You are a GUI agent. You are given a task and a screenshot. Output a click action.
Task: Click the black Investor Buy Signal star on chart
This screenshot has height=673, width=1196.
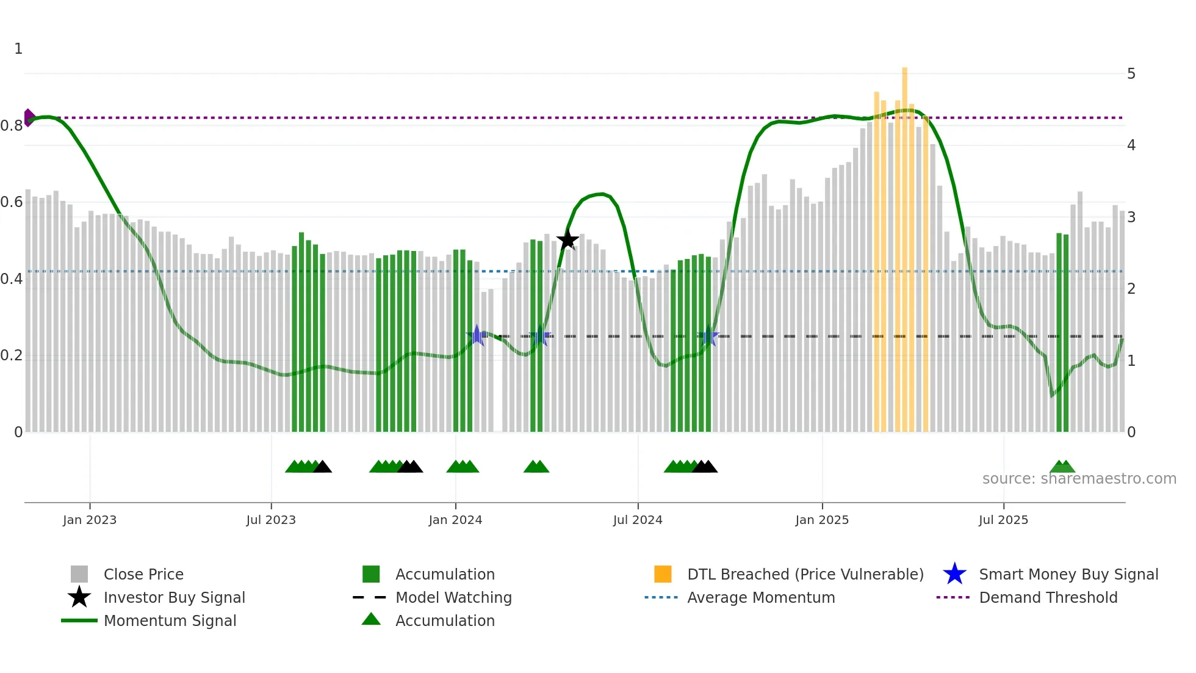point(567,240)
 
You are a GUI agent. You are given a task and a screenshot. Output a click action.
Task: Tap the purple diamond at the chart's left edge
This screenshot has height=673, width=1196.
point(29,117)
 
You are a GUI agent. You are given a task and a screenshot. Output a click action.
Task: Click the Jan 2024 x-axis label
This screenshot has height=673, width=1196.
point(455,520)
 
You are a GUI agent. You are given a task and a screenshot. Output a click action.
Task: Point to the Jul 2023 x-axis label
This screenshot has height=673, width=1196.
point(271,520)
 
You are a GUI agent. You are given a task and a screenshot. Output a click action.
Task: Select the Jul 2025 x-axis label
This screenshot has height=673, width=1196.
point(1003,520)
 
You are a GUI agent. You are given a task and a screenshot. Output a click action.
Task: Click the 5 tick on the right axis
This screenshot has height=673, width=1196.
point(1131,74)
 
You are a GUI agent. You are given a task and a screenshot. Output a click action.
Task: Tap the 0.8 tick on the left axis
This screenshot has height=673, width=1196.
point(12,126)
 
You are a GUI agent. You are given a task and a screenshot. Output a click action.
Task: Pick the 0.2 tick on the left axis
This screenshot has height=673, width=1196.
point(12,355)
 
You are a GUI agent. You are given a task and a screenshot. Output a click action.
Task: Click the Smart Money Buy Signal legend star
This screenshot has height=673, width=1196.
point(954,574)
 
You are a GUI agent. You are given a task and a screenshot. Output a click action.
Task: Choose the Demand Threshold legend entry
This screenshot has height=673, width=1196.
point(1048,597)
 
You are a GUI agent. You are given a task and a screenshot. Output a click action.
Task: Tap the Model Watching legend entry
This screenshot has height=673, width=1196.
point(453,597)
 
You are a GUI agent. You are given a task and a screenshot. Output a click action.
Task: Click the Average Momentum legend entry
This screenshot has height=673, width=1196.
point(760,597)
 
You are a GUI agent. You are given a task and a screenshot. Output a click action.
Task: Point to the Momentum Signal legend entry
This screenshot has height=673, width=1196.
point(170,620)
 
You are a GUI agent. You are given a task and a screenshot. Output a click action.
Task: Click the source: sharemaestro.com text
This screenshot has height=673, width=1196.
point(1079,479)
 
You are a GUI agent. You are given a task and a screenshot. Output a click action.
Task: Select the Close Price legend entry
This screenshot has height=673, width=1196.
point(143,574)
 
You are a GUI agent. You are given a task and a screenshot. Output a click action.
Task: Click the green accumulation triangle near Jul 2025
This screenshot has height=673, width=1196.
point(1062,467)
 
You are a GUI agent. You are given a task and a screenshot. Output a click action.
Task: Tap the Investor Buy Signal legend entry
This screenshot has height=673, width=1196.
point(174,597)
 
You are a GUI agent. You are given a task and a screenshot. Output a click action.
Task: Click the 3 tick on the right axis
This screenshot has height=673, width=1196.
point(1131,217)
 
